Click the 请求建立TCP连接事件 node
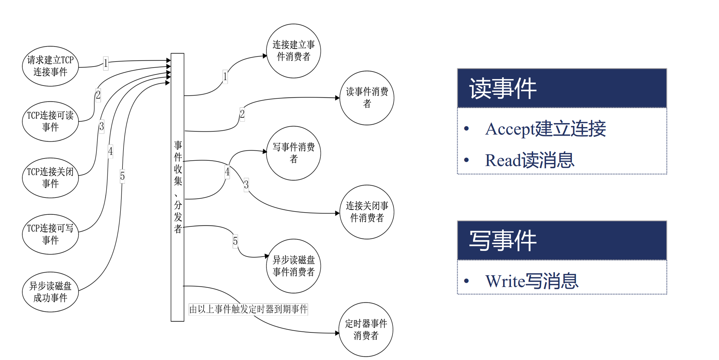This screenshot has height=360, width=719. pyautogui.click(x=50, y=66)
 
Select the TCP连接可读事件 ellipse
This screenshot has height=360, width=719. pyautogui.click(x=50, y=121)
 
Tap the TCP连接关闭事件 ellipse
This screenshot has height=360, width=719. pyautogui.click(x=50, y=178)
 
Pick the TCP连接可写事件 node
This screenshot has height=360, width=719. pyautogui.click(x=50, y=234)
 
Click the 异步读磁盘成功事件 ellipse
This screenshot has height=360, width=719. pyautogui.click(x=50, y=292)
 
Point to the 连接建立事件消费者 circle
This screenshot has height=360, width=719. pyautogui.click(x=293, y=51)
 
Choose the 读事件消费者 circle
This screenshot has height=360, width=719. pyautogui.click(x=367, y=98)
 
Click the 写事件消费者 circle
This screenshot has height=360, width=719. pyautogui.click(x=293, y=153)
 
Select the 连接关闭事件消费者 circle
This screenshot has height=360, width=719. pyautogui.click(x=367, y=212)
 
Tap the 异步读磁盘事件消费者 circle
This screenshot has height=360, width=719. pyautogui.click(x=293, y=266)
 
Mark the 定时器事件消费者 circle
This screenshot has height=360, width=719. pyautogui.click(x=366, y=330)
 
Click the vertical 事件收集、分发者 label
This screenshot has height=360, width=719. pyautogui.click(x=178, y=187)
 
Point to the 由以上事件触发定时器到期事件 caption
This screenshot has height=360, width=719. pyautogui.click(x=248, y=309)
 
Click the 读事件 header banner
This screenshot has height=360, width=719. pyautogui.click(x=562, y=88)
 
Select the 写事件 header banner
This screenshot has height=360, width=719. pyautogui.click(x=562, y=240)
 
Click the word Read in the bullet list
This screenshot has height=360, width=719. pyautogui.click(x=503, y=160)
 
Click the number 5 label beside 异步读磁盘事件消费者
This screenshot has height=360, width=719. pyautogui.click(x=235, y=241)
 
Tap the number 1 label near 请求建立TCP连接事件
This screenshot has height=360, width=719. pyautogui.click(x=106, y=63)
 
